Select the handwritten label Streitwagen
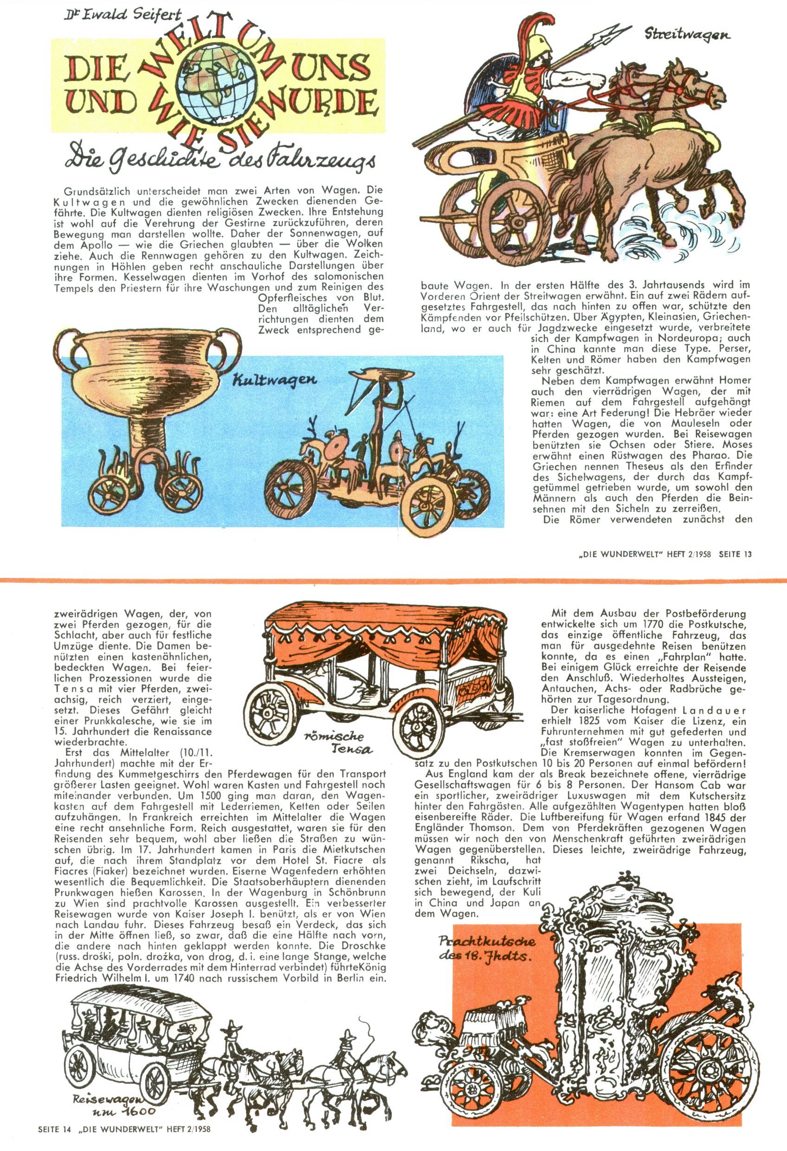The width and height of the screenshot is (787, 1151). coord(687,35)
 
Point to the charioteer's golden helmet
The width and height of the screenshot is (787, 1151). coord(539,45)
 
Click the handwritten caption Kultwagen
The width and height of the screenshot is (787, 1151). coord(274,381)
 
